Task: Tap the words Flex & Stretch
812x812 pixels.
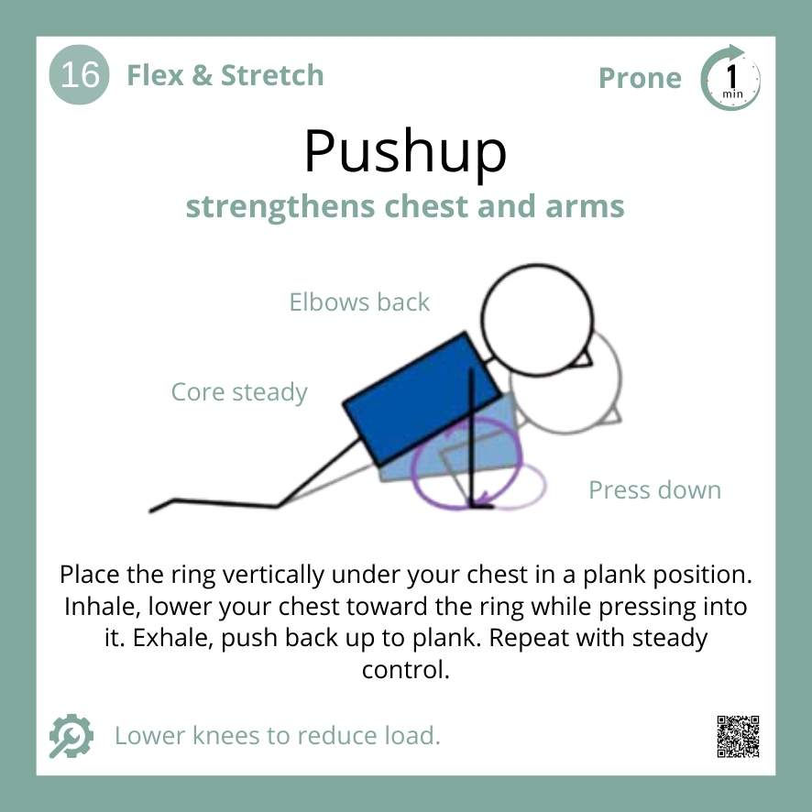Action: click(225, 75)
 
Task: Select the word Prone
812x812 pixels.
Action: click(640, 79)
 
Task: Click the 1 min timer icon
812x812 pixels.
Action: click(730, 79)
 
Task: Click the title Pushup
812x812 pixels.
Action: click(405, 151)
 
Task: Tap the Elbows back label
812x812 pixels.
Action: click(359, 302)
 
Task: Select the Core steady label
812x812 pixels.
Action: click(239, 393)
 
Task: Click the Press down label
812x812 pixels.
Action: click(654, 490)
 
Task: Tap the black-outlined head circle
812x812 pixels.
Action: click(537, 322)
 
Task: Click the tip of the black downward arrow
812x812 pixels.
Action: click(474, 504)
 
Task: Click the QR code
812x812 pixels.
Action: click(738, 736)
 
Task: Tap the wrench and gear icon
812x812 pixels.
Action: click(71, 736)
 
